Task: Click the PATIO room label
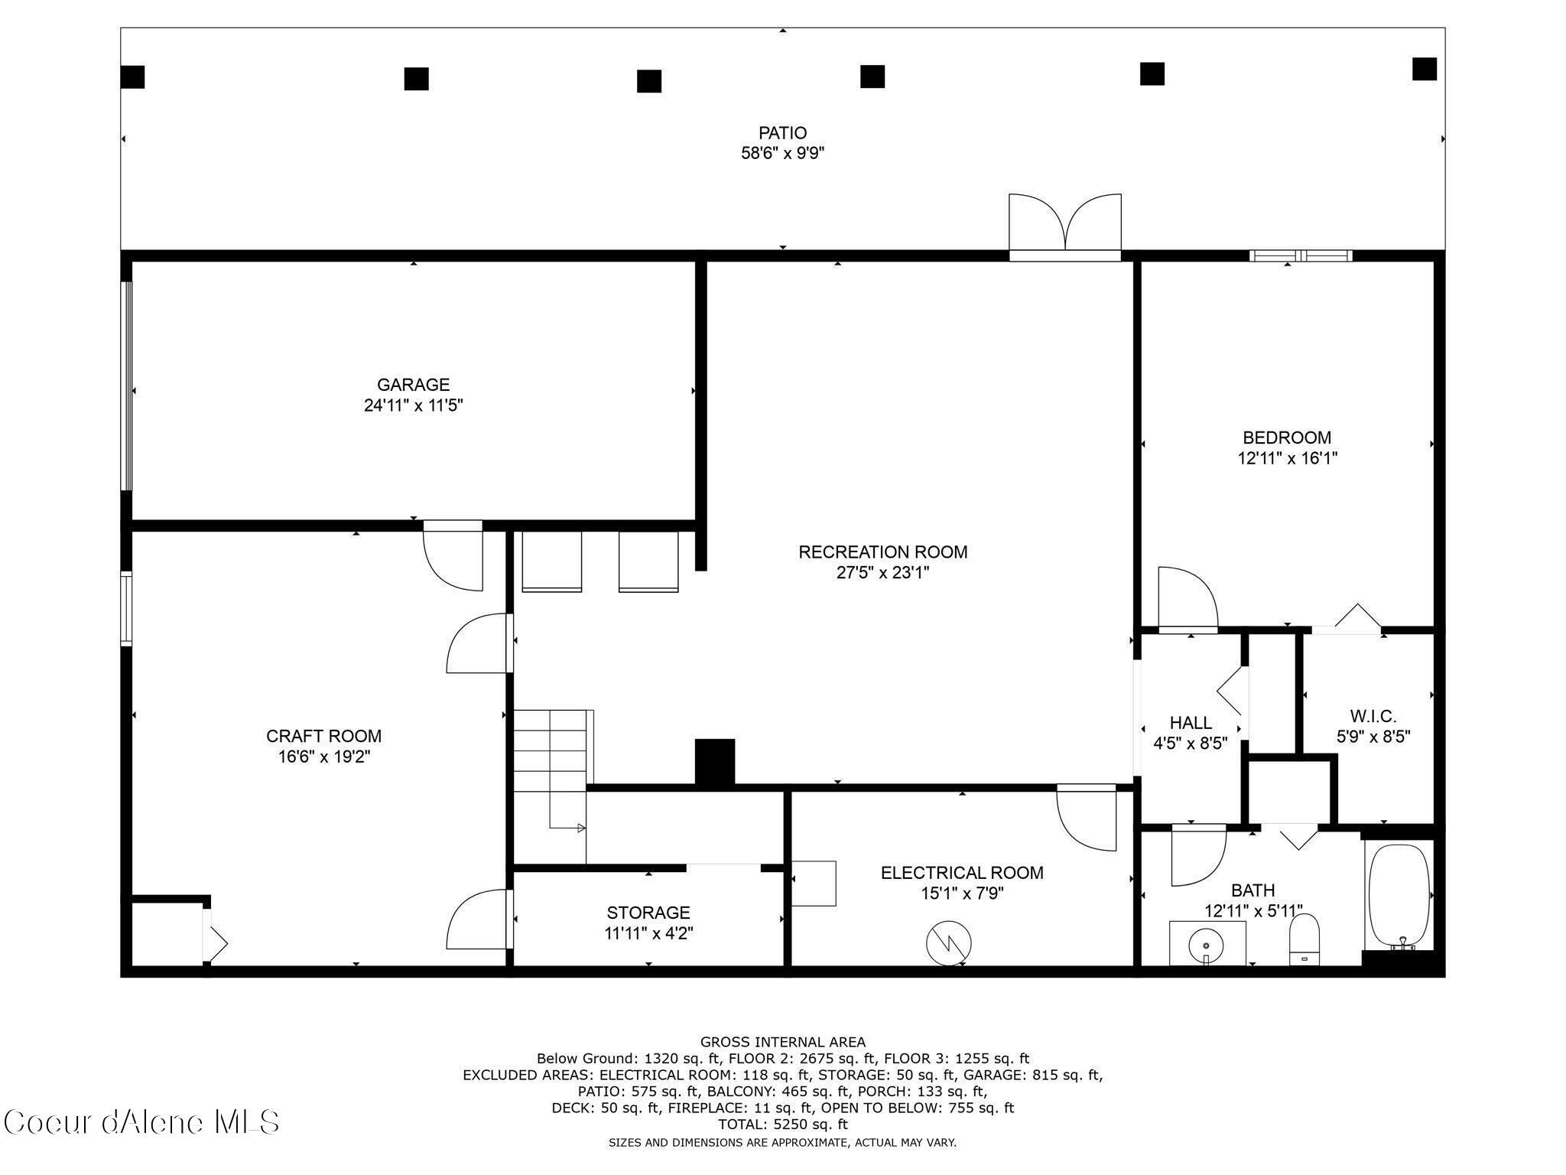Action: (x=782, y=133)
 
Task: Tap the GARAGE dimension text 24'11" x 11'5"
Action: (x=413, y=405)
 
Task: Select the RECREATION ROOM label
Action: (x=882, y=552)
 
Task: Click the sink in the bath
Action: (x=1207, y=943)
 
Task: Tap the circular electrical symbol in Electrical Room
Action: (x=948, y=943)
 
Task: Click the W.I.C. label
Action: (x=1373, y=716)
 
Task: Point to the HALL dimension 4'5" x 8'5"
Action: (x=1190, y=742)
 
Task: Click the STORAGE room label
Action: (x=648, y=913)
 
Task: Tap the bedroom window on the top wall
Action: (x=1301, y=256)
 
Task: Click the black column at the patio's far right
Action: (x=1424, y=69)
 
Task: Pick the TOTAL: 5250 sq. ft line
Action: (x=782, y=1125)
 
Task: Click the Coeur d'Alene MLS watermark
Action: (x=142, y=1122)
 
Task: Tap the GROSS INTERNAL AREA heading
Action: (x=782, y=1042)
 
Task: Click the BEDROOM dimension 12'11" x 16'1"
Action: (x=1287, y=459)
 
